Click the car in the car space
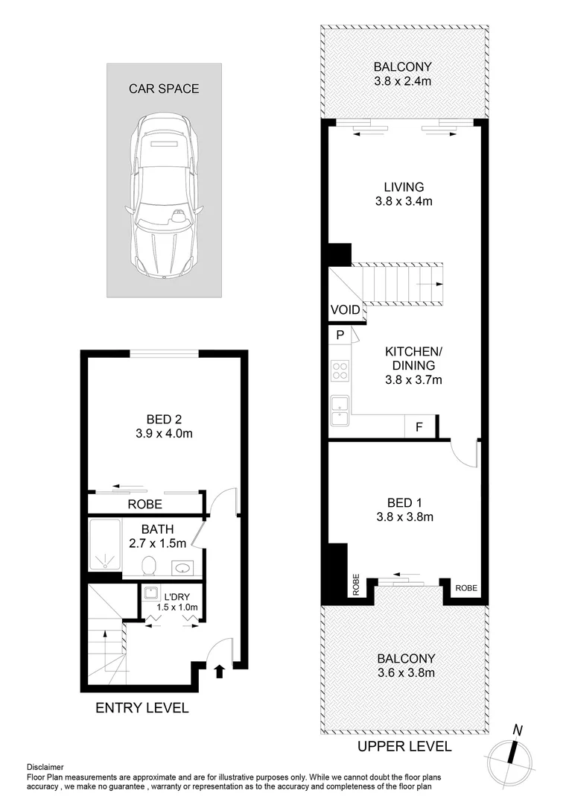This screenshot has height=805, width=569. point(164,197)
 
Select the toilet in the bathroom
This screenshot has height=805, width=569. point(149,566)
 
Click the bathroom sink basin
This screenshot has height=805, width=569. point(181,568)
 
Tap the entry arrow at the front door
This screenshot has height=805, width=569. point(219,672)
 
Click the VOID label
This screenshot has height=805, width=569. point(345,310)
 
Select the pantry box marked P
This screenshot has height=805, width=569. point(340,335)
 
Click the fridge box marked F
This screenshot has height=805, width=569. point(419,427)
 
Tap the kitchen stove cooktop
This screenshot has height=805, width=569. point(340,370)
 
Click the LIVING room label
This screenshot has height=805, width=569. point(403,187)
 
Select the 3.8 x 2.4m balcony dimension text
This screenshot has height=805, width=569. point(403,79)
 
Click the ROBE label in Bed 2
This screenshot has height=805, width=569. point(144,504)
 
